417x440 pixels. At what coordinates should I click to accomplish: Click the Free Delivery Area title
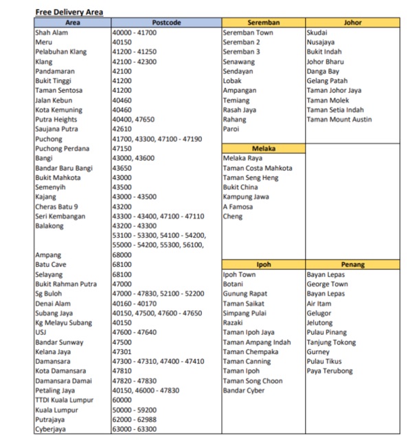[69, 12]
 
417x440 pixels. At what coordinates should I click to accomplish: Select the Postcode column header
[166, 23]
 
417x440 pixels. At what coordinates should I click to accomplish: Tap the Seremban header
[263, 23]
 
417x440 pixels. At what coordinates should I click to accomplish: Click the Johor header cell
[352, 23]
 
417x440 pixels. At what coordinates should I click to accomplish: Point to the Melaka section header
[263, 148]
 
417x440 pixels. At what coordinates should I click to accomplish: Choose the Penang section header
[352, 265]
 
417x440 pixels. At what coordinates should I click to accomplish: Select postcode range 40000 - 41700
[134, 32]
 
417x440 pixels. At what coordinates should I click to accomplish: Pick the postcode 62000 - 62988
[134, 419]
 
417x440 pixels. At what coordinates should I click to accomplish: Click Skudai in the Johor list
[317, 32]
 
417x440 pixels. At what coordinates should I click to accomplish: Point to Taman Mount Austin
[339, 120]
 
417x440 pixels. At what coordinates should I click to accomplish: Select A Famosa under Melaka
[237, 206]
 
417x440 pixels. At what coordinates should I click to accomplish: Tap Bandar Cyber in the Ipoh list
[244, 390]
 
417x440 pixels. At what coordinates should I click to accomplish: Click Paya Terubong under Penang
[330, 371]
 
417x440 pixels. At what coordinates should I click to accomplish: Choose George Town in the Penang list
[327, 284]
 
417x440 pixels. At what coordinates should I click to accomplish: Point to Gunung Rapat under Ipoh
[245, 294]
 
